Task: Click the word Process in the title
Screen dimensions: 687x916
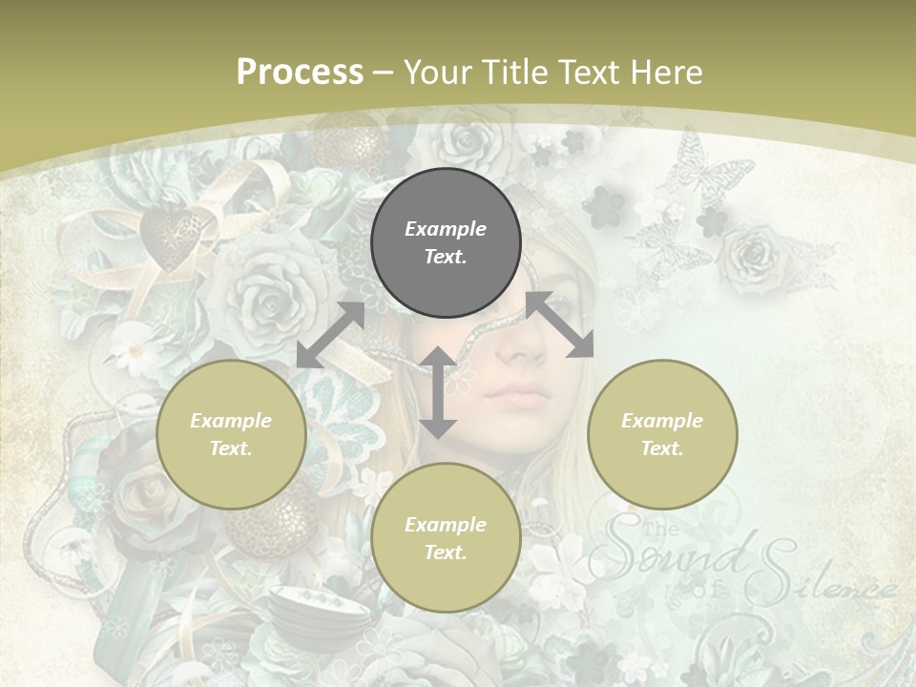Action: (x=300, y=73)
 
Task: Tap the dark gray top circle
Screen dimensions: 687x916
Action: (x=446, y=242)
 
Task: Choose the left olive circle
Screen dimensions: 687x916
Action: (x=231, y=434)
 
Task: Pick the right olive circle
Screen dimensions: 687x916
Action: (x=662, y=434)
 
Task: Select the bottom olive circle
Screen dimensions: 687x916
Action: (x=446, y=538)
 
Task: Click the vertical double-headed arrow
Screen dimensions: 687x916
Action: (x=438, y=392)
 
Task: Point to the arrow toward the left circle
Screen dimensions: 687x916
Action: (x=330, y=335)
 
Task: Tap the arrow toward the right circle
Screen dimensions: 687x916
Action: (x=560, y=325)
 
